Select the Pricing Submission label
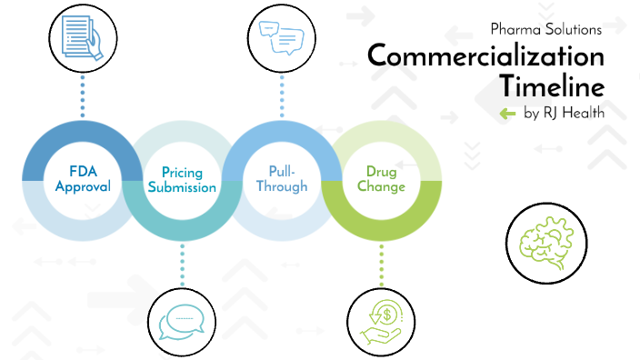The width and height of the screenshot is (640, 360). coord(189,180)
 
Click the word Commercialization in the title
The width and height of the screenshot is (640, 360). coord(485,56)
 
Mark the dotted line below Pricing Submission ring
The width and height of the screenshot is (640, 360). coord(182,265)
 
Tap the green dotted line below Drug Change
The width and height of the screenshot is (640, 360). coord(381,265)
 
